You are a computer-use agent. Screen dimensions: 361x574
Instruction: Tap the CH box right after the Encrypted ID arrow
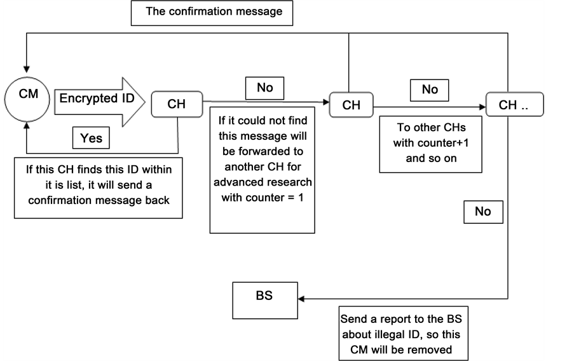(176, 104)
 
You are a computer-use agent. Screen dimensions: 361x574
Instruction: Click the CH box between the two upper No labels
(352, 104)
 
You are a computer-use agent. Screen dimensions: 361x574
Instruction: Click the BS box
(264, 299)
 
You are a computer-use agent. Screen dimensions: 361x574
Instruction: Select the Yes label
(92, 137)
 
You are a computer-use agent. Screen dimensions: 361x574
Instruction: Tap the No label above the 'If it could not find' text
(264, 88)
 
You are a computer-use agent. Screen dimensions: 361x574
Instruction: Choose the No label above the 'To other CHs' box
(430, 90)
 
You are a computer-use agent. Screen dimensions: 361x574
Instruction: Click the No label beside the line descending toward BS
(482, 212)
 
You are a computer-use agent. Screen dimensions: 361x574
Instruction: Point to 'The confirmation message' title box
(212, 12)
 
